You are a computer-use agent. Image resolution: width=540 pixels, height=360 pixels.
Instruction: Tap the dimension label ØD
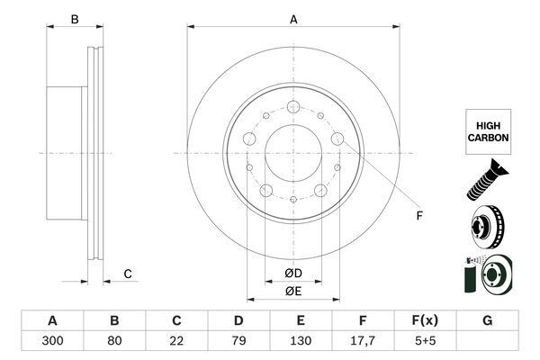pos(293,274)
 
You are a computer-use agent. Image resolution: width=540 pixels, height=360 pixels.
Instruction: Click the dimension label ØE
pos(293,292)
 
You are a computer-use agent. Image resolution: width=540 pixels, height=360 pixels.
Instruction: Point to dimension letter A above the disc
pos(293,19)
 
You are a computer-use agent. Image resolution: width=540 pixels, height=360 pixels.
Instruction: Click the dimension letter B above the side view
pos(76,19)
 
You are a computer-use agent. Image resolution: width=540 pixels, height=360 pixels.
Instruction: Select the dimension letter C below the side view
pos(128,274)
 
